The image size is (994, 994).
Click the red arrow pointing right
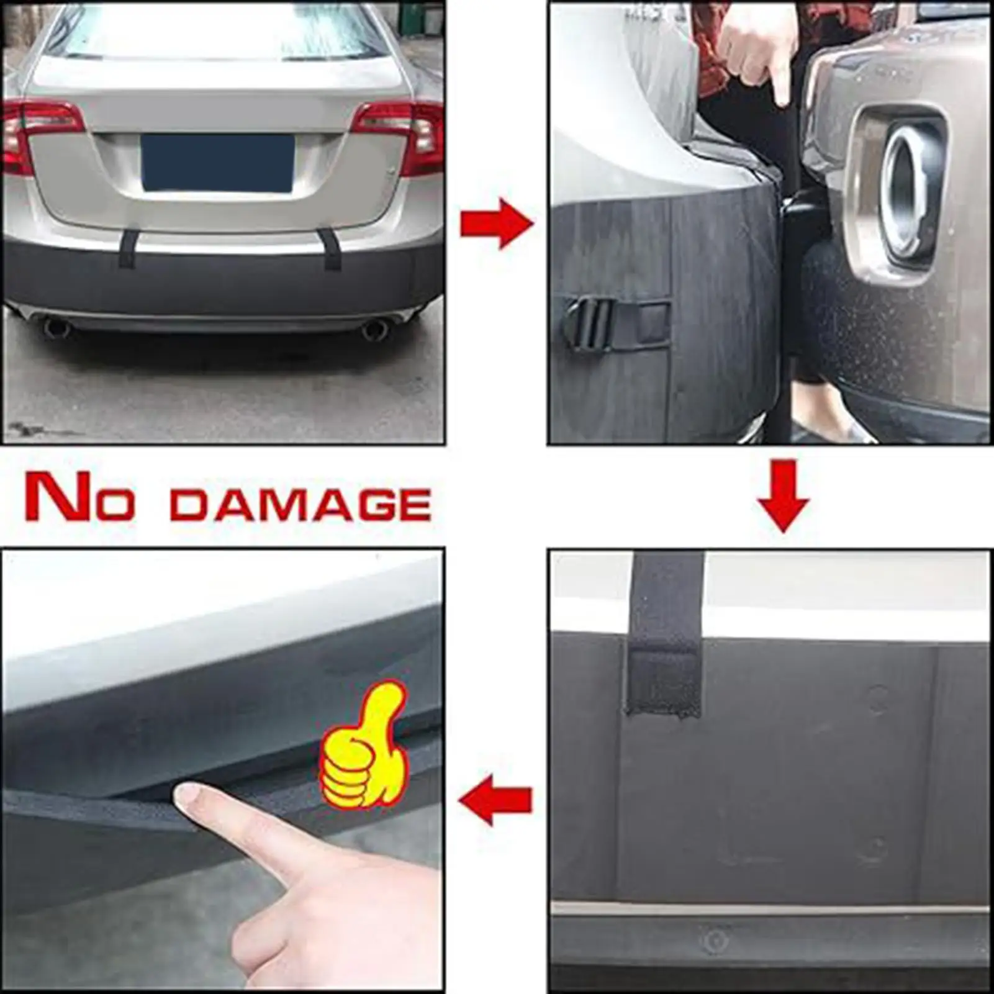pos(496,224)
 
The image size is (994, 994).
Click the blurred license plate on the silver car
pos(217,163)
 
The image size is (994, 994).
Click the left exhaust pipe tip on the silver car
pos(56,327)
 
